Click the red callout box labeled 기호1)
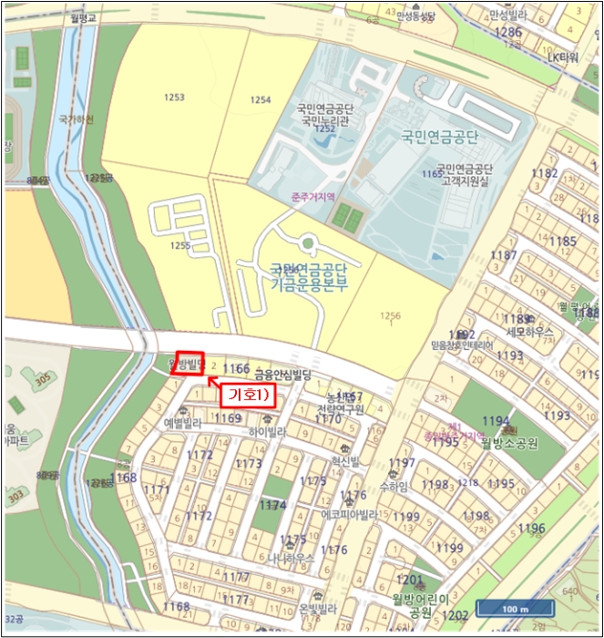(245, 395)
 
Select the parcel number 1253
(174, 97)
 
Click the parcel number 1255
(179, 245)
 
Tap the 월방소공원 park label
(510, 442)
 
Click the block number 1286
(507, 32)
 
